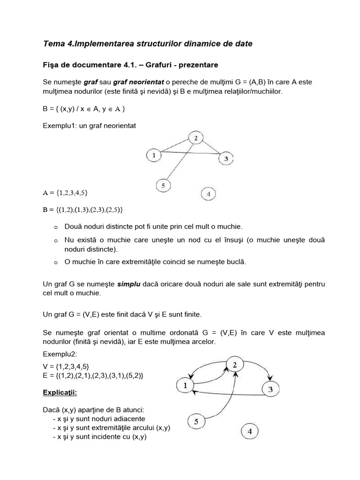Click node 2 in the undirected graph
pyautogui.click(x=196, y=138)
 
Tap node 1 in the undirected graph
pyautogui.click(x=153, y=154)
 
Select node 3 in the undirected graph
pyautogui.click(x=226, y=159)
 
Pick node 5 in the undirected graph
pyautogui.click(x=163, y=186)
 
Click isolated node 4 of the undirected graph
pyautogui.click(x=208, y=194)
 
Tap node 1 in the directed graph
pyautogui.click(x=185, y=386)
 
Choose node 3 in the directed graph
pyautogui.click(x=270, y=389)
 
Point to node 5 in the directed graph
pyautogui.click(x=196, y=421)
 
